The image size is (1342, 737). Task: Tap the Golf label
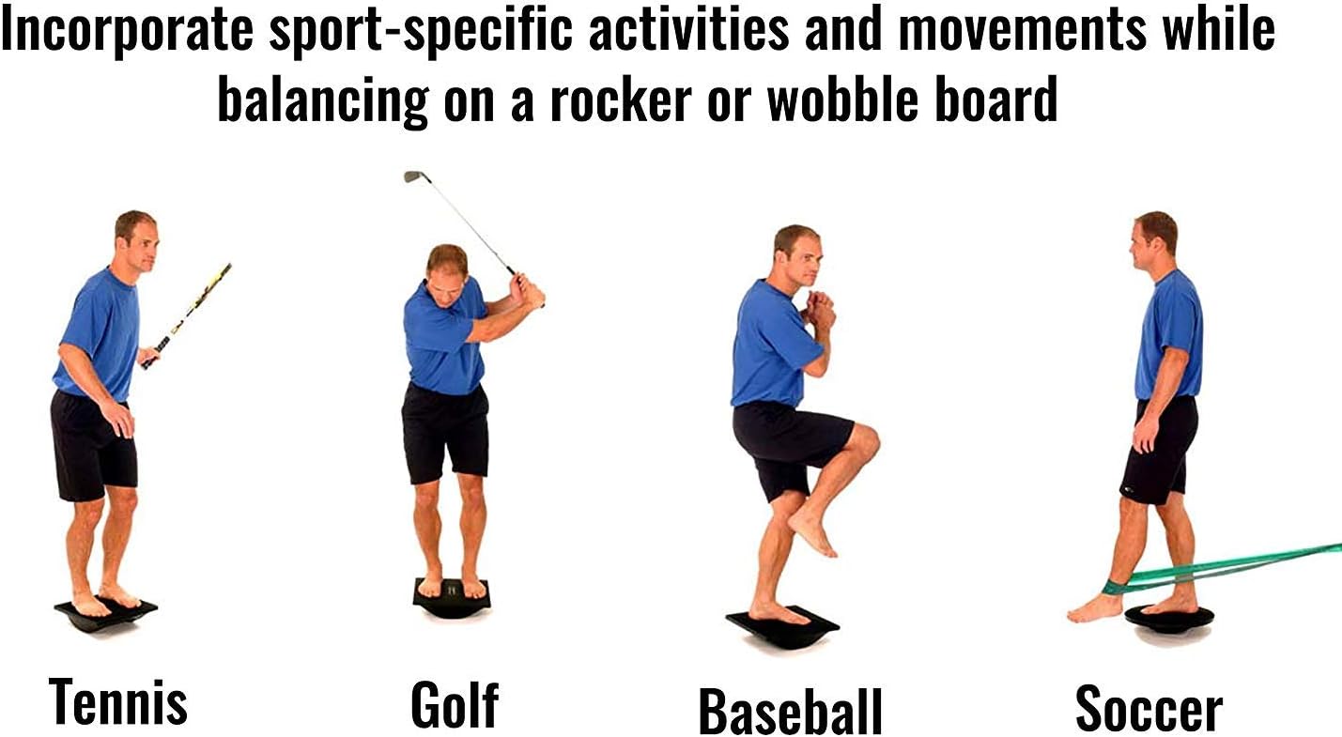[x=455, y=705]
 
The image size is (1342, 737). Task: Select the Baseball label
[x=790, y=712]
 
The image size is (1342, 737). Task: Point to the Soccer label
[x=1149, y=708]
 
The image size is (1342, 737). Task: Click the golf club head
[x=411, y=176]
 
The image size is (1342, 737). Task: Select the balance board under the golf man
[x=452, y=599]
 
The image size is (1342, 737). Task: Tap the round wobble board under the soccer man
[x=1168, y=617]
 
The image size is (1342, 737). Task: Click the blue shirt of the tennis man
[x=98, y=333]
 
